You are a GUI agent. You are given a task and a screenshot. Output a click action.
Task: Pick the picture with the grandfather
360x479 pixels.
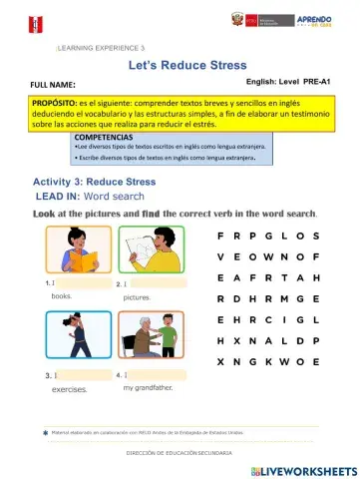(x=150, y=338)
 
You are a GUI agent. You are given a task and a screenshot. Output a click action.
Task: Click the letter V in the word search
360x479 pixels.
(x=220, y=256)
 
